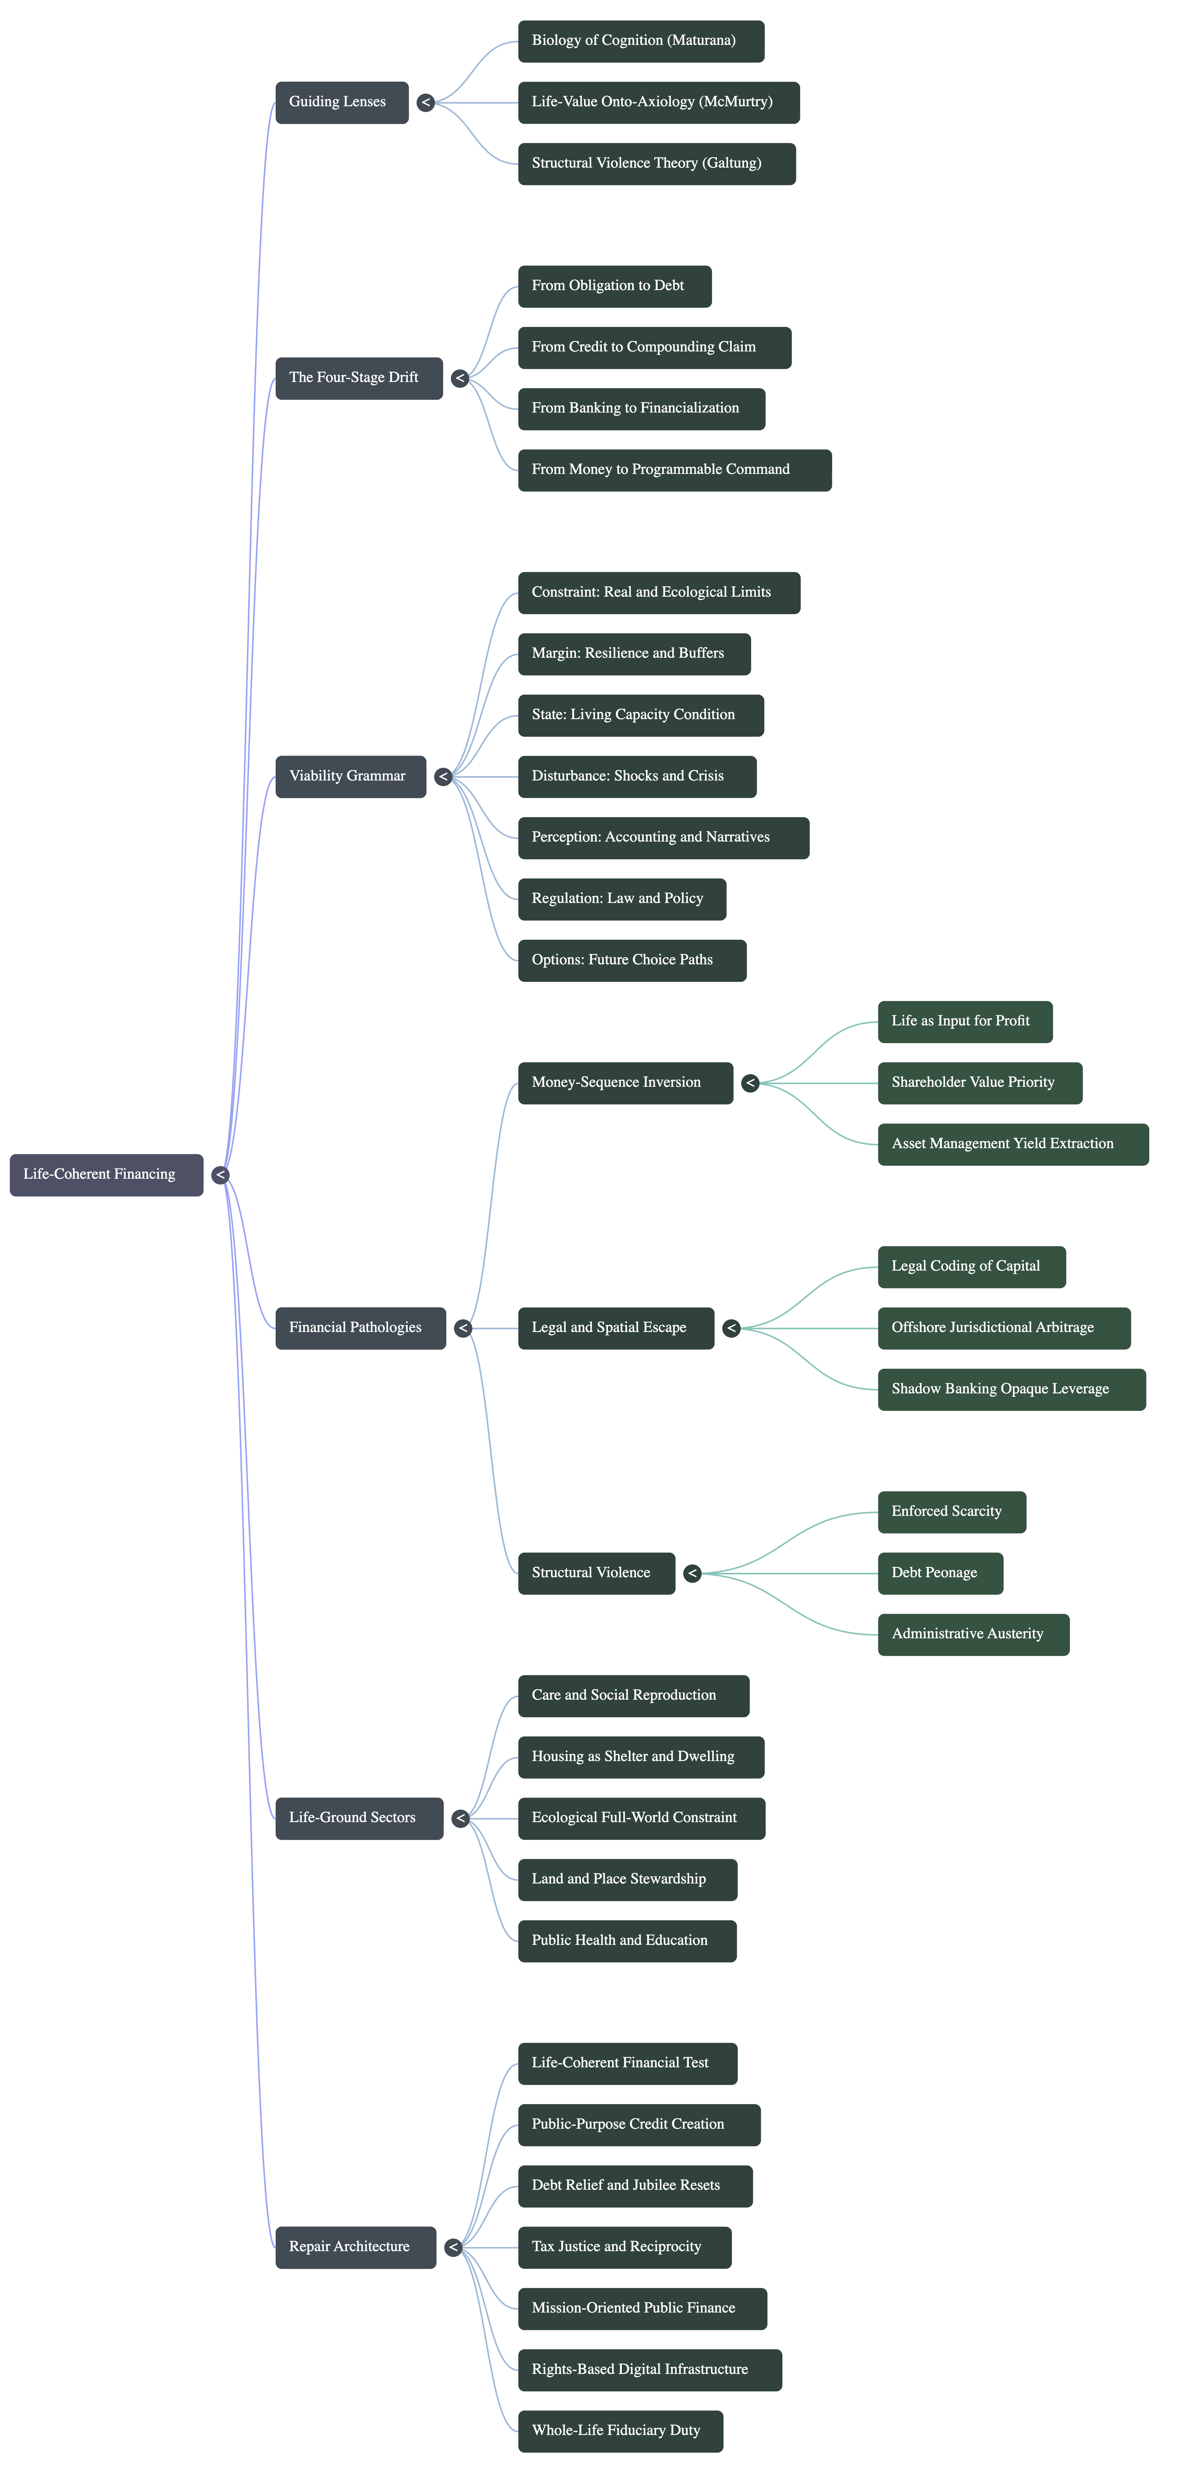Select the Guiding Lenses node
(x=342, y=103)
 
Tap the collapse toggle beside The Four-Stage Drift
(x=460, y=378)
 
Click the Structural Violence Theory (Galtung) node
(x=657, y=164)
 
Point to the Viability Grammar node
(x=351, y=777)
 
